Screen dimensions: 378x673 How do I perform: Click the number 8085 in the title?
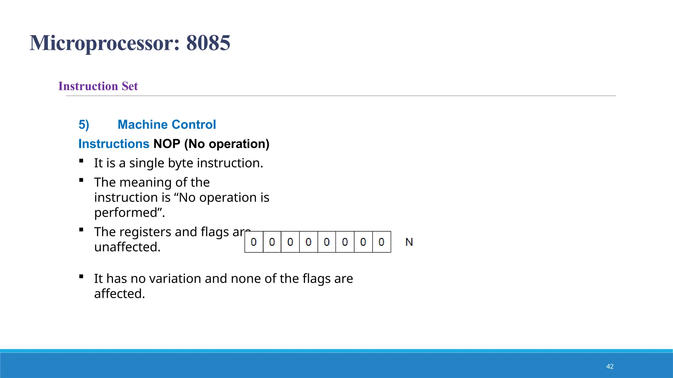(208, 43)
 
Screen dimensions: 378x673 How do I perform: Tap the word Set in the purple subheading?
(130, 86)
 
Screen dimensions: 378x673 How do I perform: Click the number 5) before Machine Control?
(84, 125)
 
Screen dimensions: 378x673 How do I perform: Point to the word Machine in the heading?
(142, 125)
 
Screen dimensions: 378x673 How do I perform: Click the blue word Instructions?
(114, 144)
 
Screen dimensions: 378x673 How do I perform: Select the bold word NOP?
(167, 144)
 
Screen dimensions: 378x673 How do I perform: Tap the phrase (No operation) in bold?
(227, 144)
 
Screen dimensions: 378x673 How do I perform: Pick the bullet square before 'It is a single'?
(81, 161)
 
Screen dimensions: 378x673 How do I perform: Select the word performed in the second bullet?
(126, 213)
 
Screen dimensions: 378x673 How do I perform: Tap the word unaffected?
(127, 247)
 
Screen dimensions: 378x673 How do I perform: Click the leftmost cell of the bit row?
(254, 242)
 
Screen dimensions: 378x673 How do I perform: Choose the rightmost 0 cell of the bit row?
(382, 242)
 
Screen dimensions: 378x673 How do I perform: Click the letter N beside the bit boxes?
(409, 242)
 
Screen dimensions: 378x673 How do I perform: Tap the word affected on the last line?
(119, 294)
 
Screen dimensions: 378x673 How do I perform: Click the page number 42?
(610, 367)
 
